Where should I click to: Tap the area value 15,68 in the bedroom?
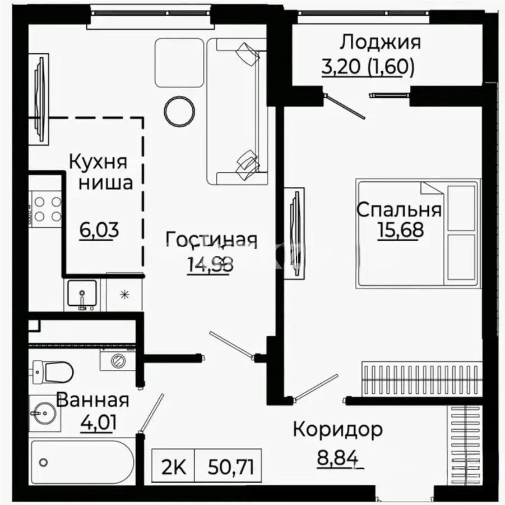coord(399,230)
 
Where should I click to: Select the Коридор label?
coord(338,430)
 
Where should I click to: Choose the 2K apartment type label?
coord(173,465)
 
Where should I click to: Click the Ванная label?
coord(92,400)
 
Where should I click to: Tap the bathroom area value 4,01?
coord(98,421)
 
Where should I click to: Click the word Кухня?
coord(98,162)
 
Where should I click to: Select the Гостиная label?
coord(211,240)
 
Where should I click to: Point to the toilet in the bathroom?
coord(53,370)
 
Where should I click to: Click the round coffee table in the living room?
coord(180,111)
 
